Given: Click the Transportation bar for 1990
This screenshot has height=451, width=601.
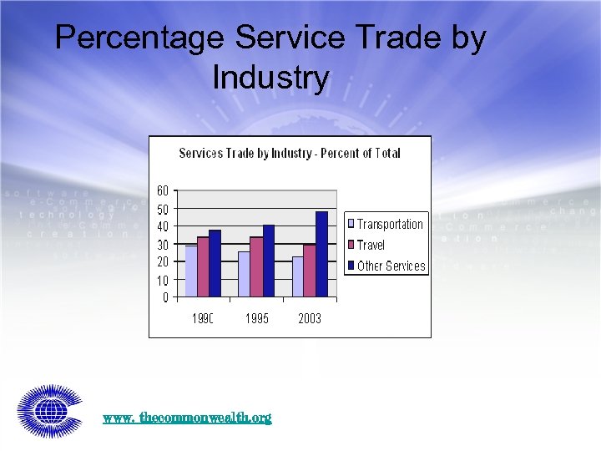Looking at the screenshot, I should (x=190, y=271).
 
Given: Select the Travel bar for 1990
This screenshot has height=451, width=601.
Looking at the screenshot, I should (x=203, y=267).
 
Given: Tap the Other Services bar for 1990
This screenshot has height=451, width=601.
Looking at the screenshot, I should (x=215, y=263).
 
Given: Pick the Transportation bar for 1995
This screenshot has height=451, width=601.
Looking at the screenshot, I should (x=244, y=274).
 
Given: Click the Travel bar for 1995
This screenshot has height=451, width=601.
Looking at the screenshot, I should (x=256, y=267).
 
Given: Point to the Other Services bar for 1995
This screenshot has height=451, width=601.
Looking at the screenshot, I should (x=268, y=261).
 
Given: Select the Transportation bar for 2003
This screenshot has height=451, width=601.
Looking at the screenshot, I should (x=297, y=276).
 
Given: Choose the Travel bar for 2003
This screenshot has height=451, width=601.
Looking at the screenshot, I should (x=310, y=271).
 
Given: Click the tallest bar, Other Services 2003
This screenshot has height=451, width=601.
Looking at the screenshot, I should (x=321, y=254).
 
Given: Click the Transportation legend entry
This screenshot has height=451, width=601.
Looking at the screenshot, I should (x=389, y=224).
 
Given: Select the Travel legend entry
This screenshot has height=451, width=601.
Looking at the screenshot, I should (x=371, y=245).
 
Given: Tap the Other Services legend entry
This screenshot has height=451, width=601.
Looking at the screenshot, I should (x=391, y=266).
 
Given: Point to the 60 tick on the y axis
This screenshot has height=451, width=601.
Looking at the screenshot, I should (x=163, y=190).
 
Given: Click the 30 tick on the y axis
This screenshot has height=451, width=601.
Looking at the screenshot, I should (x=163, y=244).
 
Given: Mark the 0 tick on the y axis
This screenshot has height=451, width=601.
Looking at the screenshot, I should (x=165, y=296).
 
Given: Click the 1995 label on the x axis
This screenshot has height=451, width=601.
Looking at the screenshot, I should (x=257, y=318).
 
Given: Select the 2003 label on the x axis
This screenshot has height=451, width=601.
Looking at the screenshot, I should (x=310, y=318).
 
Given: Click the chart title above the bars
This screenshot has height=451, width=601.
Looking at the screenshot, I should (x=290, y=153).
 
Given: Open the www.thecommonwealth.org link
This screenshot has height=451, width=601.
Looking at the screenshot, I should (x=187, y=417).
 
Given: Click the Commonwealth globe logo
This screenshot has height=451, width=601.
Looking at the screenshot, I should (x=49, y=411).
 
